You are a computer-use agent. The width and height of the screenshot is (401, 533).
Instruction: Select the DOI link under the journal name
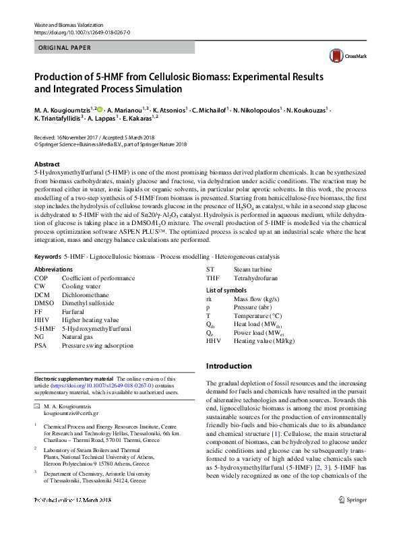(x=82, y=32)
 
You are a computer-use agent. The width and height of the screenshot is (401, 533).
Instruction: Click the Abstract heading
(x=47, y=164)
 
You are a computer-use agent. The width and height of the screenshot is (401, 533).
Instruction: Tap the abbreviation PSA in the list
(x=40, y=345)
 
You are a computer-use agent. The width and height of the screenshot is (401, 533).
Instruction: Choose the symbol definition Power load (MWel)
(x=260, y=332)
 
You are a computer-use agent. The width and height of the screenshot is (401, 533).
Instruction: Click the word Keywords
(x=47, y=257)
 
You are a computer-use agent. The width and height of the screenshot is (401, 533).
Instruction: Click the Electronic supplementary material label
(x=74, y=379)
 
